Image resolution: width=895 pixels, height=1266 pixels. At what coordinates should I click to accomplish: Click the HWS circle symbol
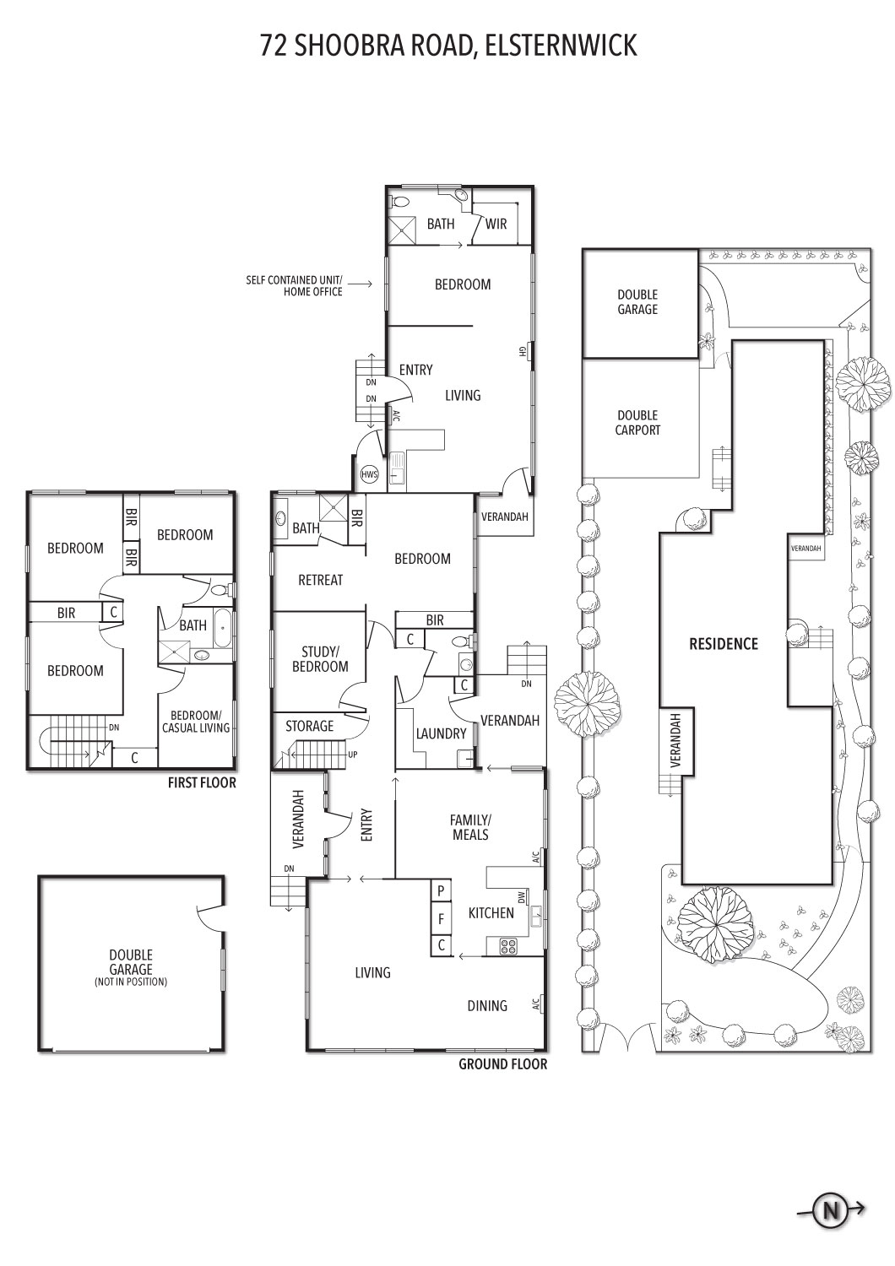pos(369,474)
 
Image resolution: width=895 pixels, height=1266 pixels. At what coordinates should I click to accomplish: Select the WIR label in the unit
pos(496,224)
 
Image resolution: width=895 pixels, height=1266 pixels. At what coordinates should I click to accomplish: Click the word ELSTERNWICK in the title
pos(561,46)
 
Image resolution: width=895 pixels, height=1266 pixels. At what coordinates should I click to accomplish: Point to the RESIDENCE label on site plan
pos(723,644)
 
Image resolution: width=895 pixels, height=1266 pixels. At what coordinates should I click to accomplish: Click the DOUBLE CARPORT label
pos(637,422)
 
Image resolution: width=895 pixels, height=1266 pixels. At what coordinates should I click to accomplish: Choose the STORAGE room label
pos(309,726)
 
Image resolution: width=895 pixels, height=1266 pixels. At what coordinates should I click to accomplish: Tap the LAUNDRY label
pos(441,733)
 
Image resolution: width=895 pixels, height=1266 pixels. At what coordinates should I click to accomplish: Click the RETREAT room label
pos(321,580)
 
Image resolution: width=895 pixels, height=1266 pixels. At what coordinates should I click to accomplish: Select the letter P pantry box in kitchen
pos(441,892)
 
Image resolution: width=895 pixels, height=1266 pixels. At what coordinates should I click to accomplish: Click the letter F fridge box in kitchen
pos(441,919)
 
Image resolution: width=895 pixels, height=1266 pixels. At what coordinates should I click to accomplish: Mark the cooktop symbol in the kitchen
pos(507,945)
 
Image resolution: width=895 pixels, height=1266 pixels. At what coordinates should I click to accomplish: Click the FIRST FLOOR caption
pos(202,782)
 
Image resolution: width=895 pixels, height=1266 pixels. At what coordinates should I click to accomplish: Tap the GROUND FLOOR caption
pos(502,1064)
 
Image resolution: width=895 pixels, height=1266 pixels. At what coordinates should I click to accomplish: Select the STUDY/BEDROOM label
pos(320,659)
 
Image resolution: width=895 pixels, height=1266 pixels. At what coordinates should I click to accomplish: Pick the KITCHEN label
pos(491,912)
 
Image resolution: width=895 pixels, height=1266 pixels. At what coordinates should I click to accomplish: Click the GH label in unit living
pos(522,351)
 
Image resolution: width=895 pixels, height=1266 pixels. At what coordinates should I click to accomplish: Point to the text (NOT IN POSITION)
pos(131,982)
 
